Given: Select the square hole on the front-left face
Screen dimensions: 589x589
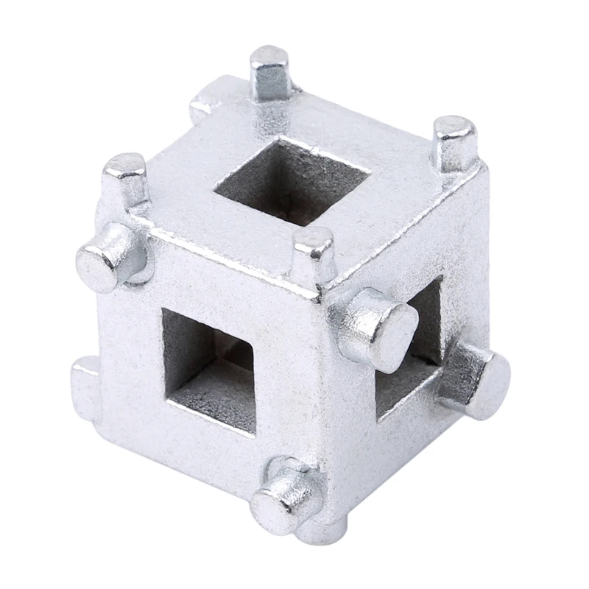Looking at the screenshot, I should click(209, 368).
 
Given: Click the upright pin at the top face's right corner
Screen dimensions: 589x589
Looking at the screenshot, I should click(454, 144).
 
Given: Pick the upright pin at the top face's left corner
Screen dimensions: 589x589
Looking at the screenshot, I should click(127, 180).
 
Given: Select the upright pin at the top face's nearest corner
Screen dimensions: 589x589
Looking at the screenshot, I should click(314, 254).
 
